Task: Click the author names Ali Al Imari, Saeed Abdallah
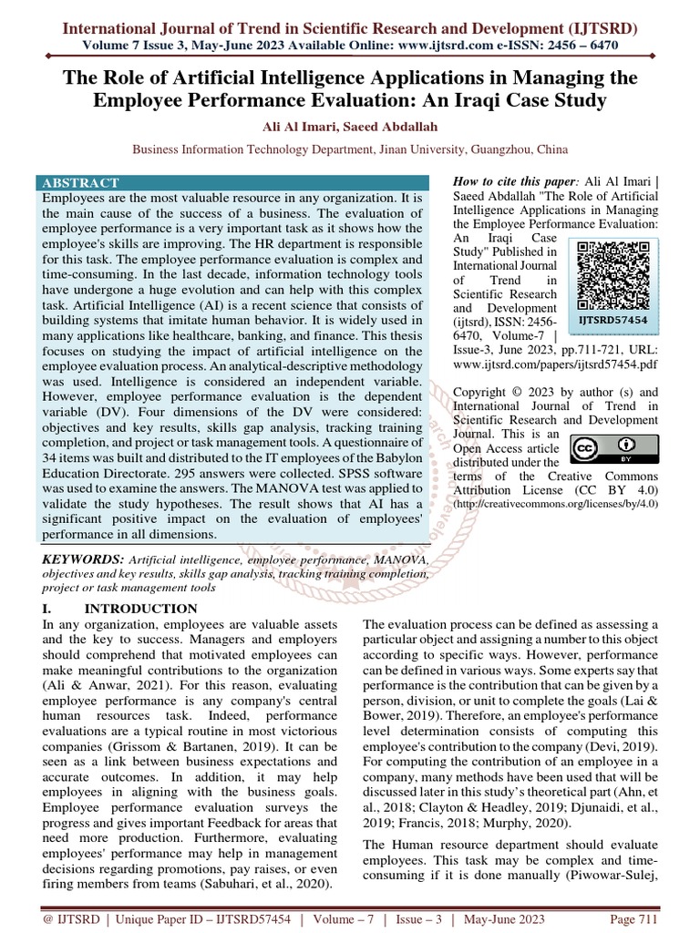pos(350,127)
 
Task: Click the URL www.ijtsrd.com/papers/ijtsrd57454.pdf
pos(555,363)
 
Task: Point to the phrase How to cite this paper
pos(513,182)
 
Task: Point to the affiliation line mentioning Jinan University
pos(350,149)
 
